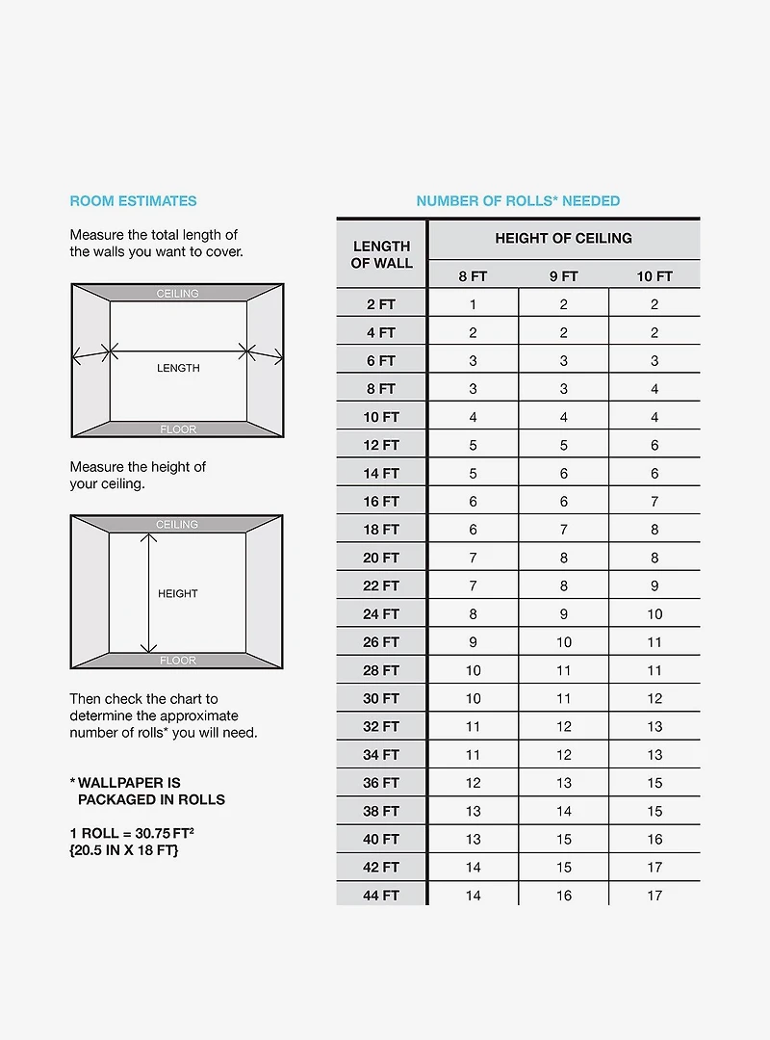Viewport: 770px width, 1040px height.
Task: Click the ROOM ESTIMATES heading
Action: click(x=133, y=201)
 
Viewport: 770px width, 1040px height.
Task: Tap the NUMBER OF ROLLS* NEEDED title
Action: click(x=518, y=201)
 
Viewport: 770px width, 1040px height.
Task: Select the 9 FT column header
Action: click(x=563, y=276)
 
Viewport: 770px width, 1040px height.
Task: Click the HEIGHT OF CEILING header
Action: click(x=563, y=238)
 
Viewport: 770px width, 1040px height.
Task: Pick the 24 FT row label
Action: click(x=381, y=613)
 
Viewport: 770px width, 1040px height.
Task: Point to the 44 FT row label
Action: click(x=381, y=895)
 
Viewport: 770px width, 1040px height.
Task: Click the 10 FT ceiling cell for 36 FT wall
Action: click(x=654, y=783)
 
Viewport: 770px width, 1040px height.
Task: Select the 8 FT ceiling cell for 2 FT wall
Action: click(x=473, y=304)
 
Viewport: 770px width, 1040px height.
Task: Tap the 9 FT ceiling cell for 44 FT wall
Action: click(x=563, y=895)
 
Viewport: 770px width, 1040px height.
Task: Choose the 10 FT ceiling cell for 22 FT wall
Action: click(x=654, y=585)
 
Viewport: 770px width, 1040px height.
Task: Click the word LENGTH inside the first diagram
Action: click(x=178, y=368)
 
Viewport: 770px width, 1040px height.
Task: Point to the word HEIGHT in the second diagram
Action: click(x=178, y=594)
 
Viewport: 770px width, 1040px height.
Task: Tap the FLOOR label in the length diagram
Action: click(x=178, y=429)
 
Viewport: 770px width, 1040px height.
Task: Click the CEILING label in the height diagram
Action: click(x=177, y=525)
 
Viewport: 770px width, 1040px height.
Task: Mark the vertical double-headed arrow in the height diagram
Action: click(x=149, y=593)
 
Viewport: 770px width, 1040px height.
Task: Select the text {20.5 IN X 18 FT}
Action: click(x=124, y=850)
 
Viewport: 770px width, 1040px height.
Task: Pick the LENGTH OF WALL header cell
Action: click(x=381, y=254)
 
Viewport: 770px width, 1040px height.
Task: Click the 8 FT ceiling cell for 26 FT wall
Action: click(x=473, y=642)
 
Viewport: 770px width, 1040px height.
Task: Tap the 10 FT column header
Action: click(x=654, y=276)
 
